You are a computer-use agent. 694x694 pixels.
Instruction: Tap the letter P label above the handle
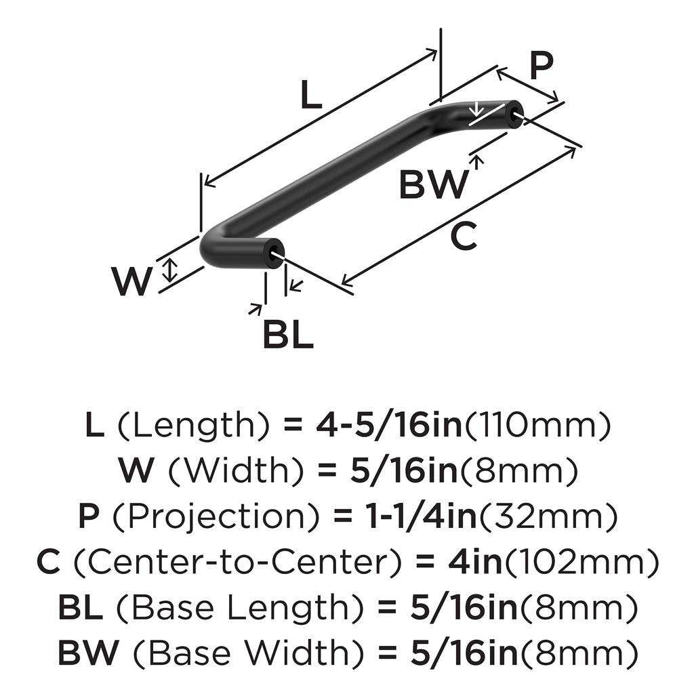click(x=540, y=66)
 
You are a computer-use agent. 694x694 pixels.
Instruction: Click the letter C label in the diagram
click(x=464, y=237)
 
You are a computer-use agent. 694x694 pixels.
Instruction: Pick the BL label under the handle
click(x=288, y=334)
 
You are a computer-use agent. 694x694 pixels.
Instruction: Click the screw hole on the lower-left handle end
click(x=275, y=254)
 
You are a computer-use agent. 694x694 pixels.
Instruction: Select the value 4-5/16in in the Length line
click(x=389, y=426)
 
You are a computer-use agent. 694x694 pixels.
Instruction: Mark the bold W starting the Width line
click(x=136, y=471)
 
